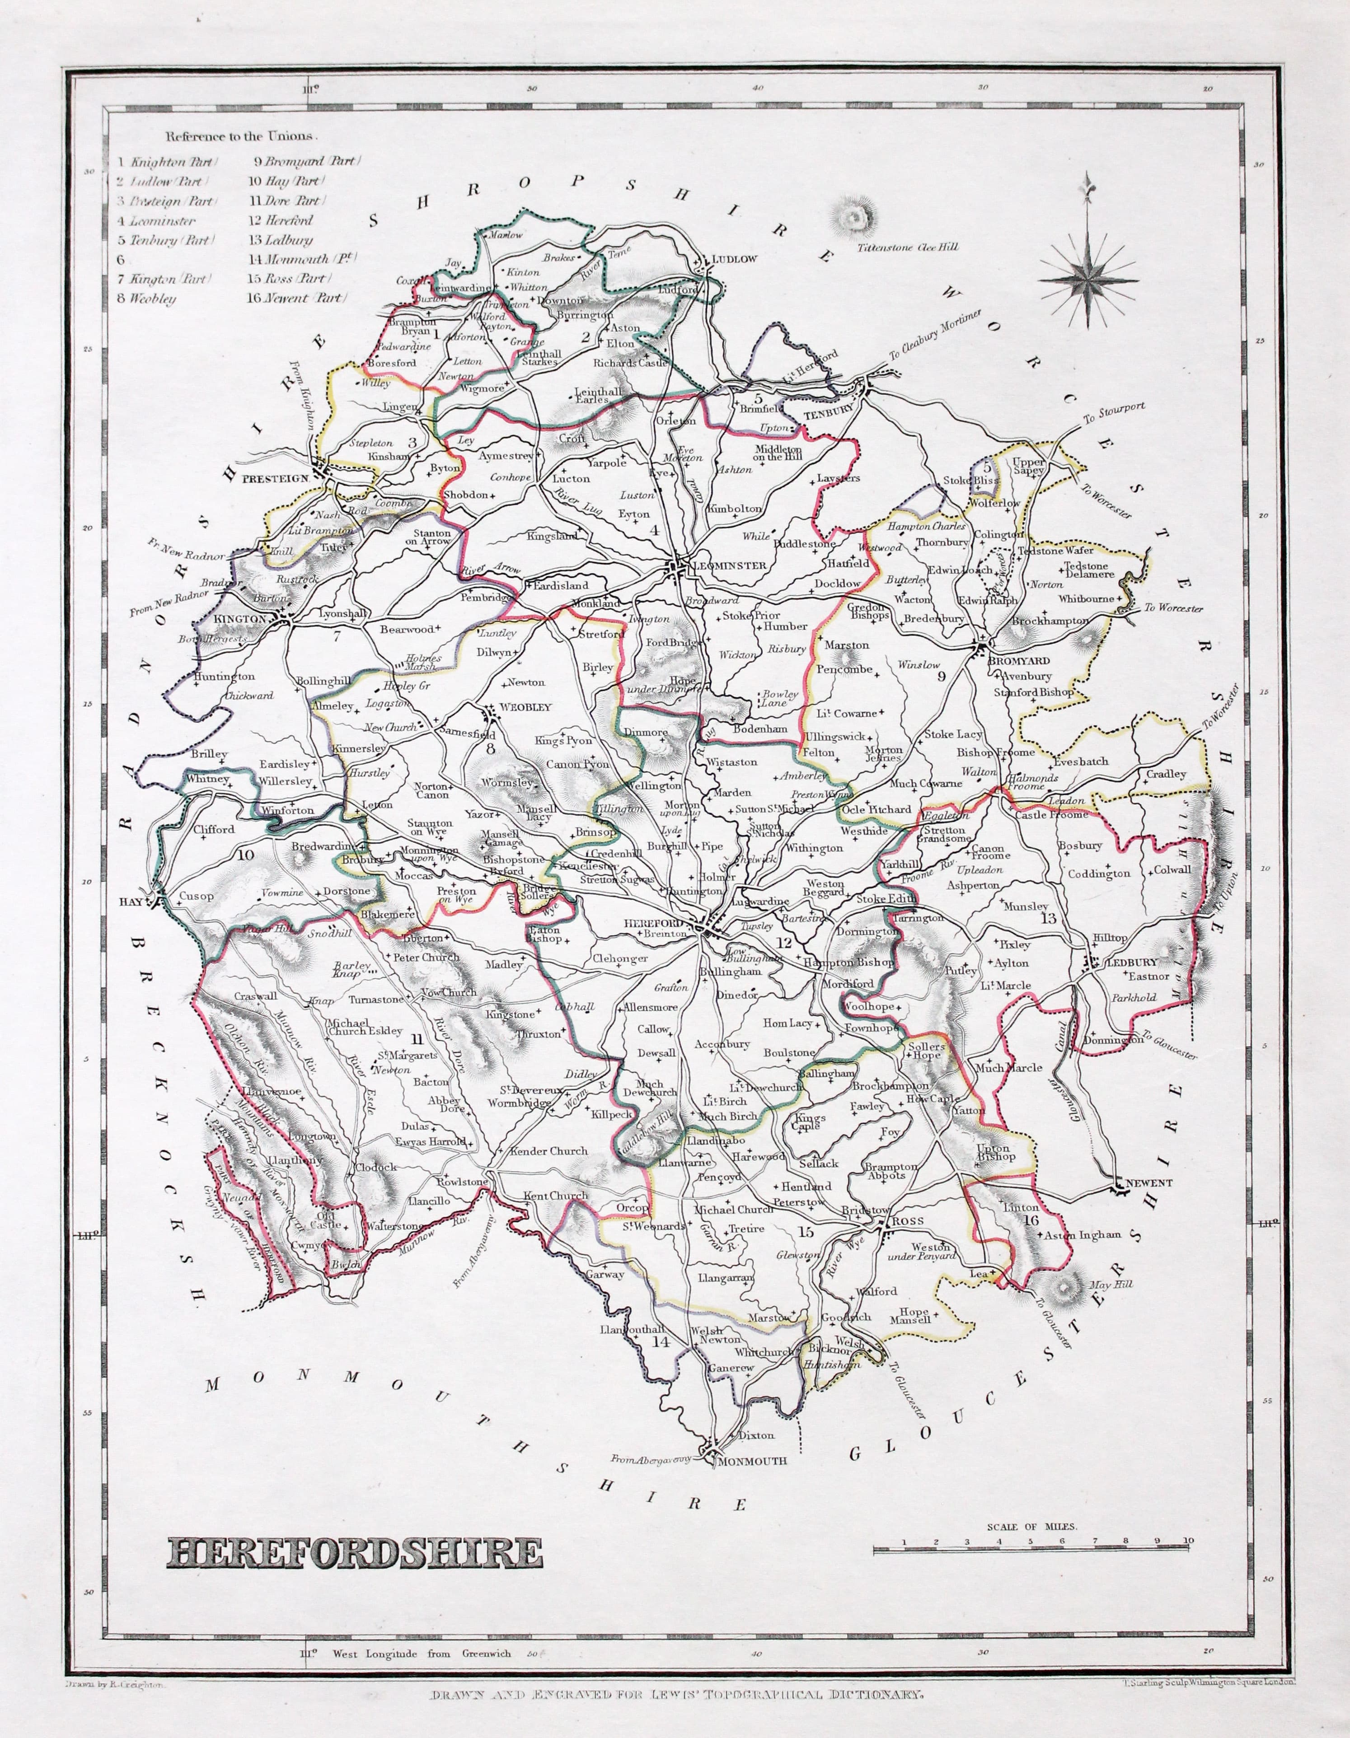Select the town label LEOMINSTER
tap(730, 565)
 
